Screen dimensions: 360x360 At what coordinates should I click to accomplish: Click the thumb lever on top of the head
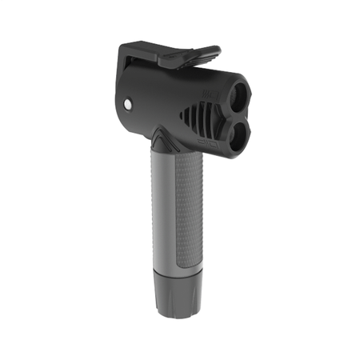pos(189,54)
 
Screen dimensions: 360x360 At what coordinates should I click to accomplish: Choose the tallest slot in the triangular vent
pos(207,122)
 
